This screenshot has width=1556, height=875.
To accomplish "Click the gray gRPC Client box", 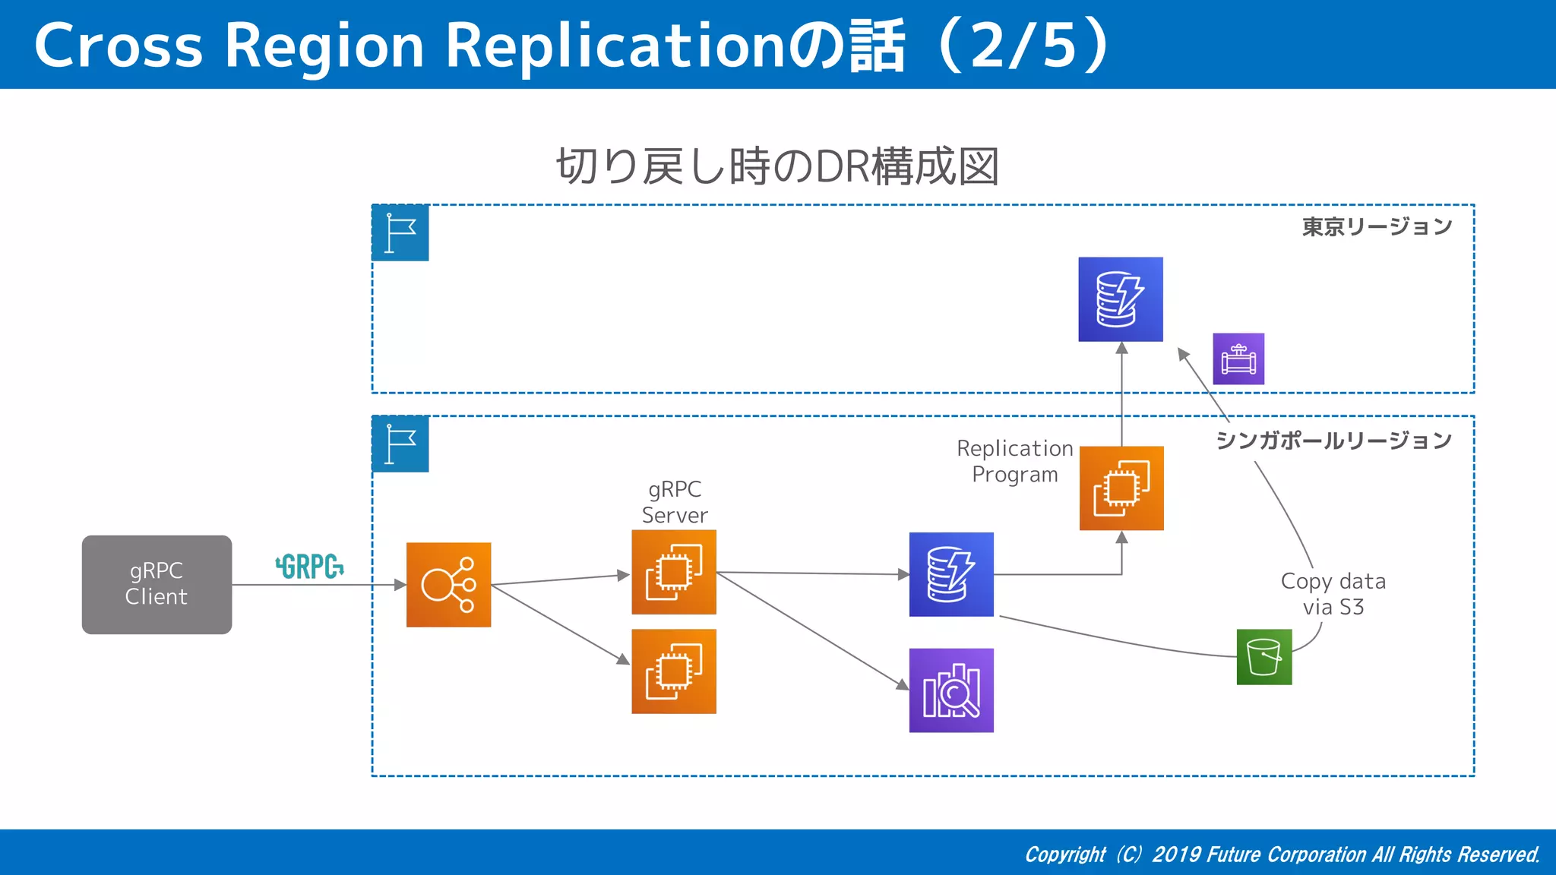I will (157, 584).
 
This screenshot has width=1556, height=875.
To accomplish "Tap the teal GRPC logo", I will (309, 567).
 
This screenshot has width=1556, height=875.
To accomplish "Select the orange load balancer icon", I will (448, 584).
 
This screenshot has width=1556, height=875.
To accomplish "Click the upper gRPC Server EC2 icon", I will (674, 572).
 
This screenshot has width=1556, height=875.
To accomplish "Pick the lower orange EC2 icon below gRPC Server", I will (674, 671).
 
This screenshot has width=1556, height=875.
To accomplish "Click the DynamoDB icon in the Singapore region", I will (951, 574).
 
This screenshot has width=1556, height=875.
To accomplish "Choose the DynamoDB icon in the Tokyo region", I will (1121, 299).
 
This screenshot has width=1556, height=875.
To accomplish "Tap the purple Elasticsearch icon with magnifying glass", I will (951, 690).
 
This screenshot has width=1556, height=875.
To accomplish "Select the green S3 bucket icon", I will (1264, 657).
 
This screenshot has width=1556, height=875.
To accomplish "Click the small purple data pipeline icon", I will (1238, 359).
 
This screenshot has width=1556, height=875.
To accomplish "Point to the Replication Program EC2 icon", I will (1121, 488).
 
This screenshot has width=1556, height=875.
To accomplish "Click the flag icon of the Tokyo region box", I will (400, 232).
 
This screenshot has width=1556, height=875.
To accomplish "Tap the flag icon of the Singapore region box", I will (400, 444).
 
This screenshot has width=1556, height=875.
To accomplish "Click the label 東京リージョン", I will (1377, 226).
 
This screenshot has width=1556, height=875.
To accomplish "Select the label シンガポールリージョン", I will (1333, 441).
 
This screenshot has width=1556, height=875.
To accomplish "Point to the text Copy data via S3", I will (1333, 594).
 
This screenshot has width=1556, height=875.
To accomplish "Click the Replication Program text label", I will (1014, 461).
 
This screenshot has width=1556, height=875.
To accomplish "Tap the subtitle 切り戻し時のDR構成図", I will (777, 166).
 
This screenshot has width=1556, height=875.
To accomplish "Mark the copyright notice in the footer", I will (1282, 854).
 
